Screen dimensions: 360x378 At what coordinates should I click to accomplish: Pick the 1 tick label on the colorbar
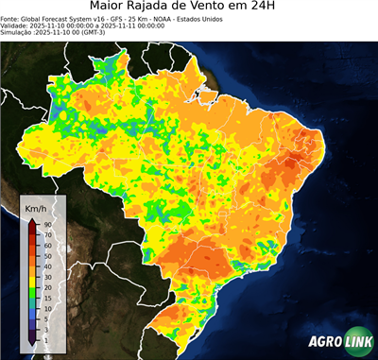point(45,337)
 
